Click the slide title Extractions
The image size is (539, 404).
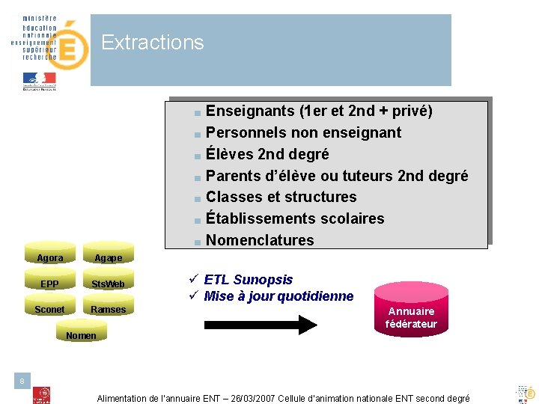point(152,43)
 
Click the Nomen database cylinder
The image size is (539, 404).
point(81,334)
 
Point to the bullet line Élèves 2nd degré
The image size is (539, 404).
point(267,155)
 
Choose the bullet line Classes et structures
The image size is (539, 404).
point(281,198)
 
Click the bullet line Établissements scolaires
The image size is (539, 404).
point(295,219)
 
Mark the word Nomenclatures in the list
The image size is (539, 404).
point(260,240)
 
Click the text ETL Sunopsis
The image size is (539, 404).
point(249,280)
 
